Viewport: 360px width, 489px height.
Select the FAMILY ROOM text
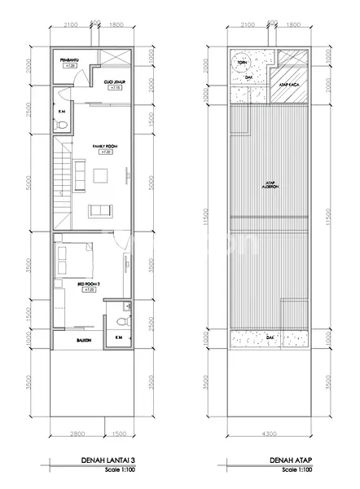click(103, 147)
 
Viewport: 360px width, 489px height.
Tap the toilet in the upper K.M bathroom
click(63, 126)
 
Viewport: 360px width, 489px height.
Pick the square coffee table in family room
click(100, 177)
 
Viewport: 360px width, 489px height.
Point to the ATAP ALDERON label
click(270, 186)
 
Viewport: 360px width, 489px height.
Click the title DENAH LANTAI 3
click(108, 461)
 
